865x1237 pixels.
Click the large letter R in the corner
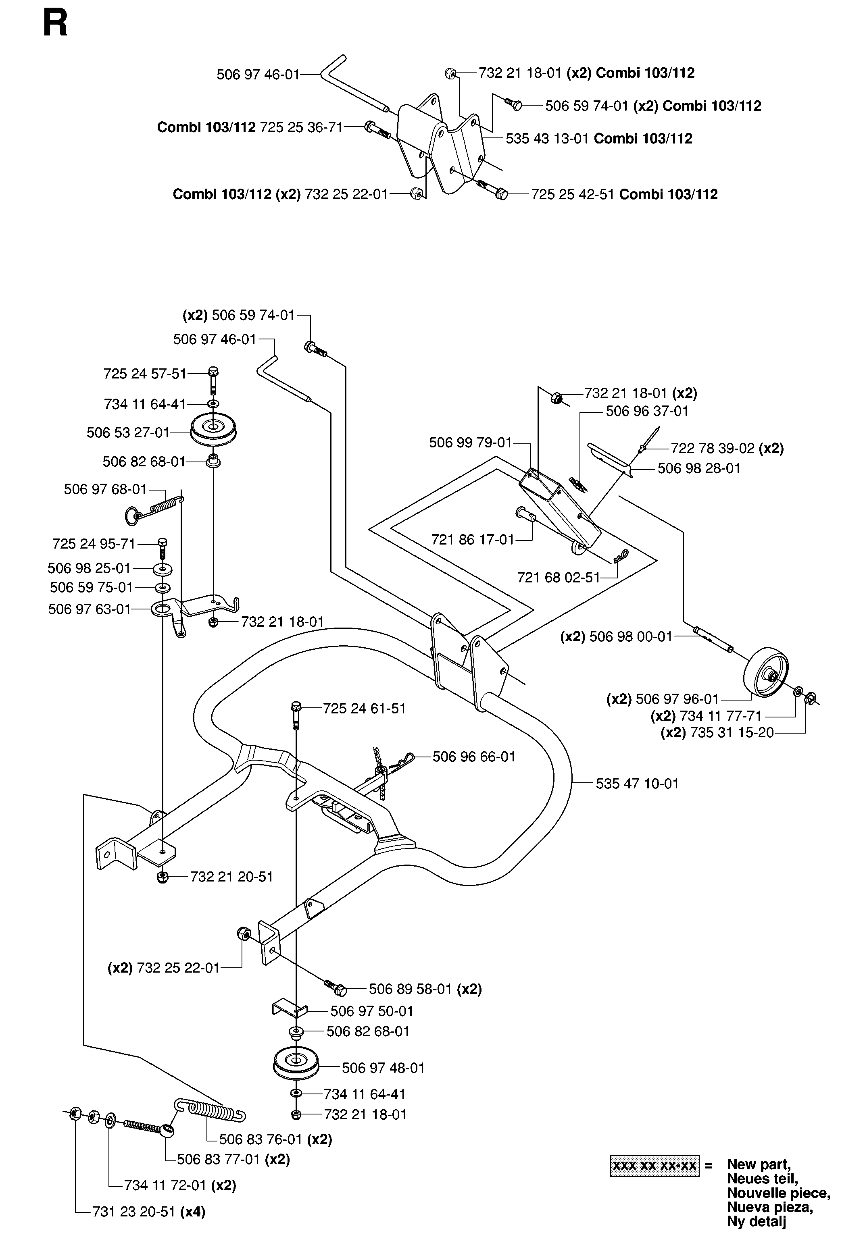56,24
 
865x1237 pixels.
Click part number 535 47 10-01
637,784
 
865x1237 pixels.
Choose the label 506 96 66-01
474,757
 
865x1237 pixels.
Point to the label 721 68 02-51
559,578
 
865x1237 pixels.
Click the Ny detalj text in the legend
757,1222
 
